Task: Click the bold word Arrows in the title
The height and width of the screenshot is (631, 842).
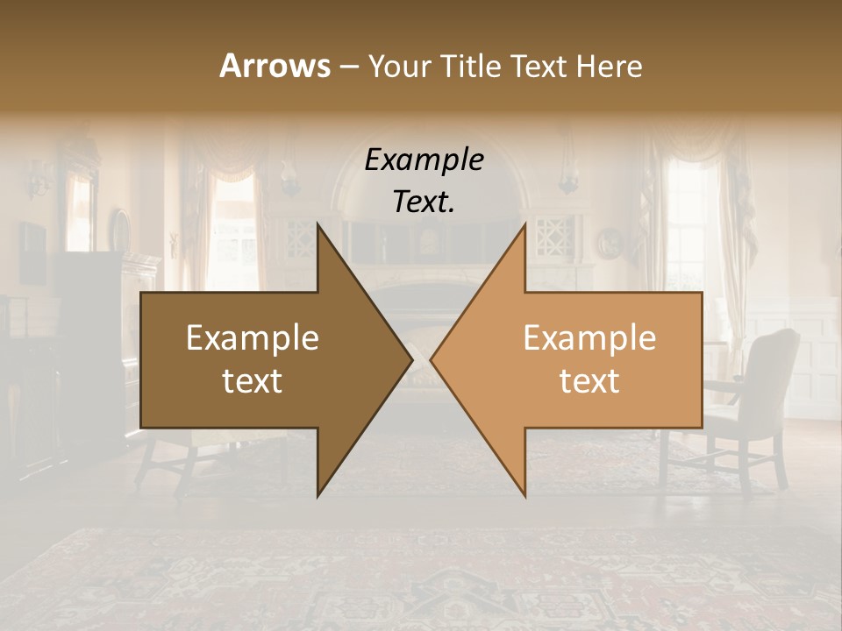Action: (x=274, y=66)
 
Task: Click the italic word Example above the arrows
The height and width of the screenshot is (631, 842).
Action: (x=424, y=160)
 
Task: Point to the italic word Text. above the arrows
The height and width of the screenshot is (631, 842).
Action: (x=424, y=202)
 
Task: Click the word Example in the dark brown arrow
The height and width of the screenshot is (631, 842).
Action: (x=253, y=338)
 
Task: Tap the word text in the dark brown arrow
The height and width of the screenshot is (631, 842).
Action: (x=253, y=381)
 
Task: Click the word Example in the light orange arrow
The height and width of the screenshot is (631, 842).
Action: (x=589, y=338)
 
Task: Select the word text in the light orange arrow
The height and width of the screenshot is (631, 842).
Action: (x=589, y=381)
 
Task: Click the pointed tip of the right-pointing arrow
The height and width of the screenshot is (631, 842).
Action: (x=411, y=359)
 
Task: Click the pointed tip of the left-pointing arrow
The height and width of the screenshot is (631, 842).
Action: (x=432, y=359)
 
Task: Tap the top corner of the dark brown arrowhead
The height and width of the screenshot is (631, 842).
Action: (x=318, y=224)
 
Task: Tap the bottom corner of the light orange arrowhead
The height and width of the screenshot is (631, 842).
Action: (x=524, y=496)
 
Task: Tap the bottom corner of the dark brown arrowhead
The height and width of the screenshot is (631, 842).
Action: (x=318, y=496)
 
